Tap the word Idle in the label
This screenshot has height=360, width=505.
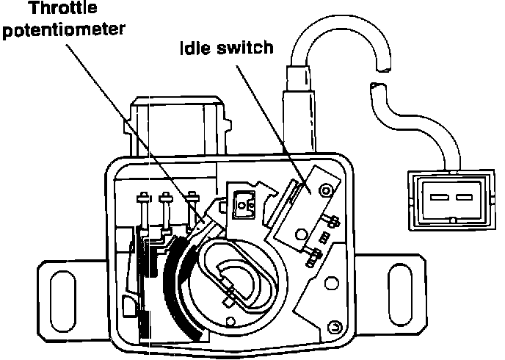(x=197, y=50)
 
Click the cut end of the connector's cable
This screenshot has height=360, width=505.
(x=377, y=93)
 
